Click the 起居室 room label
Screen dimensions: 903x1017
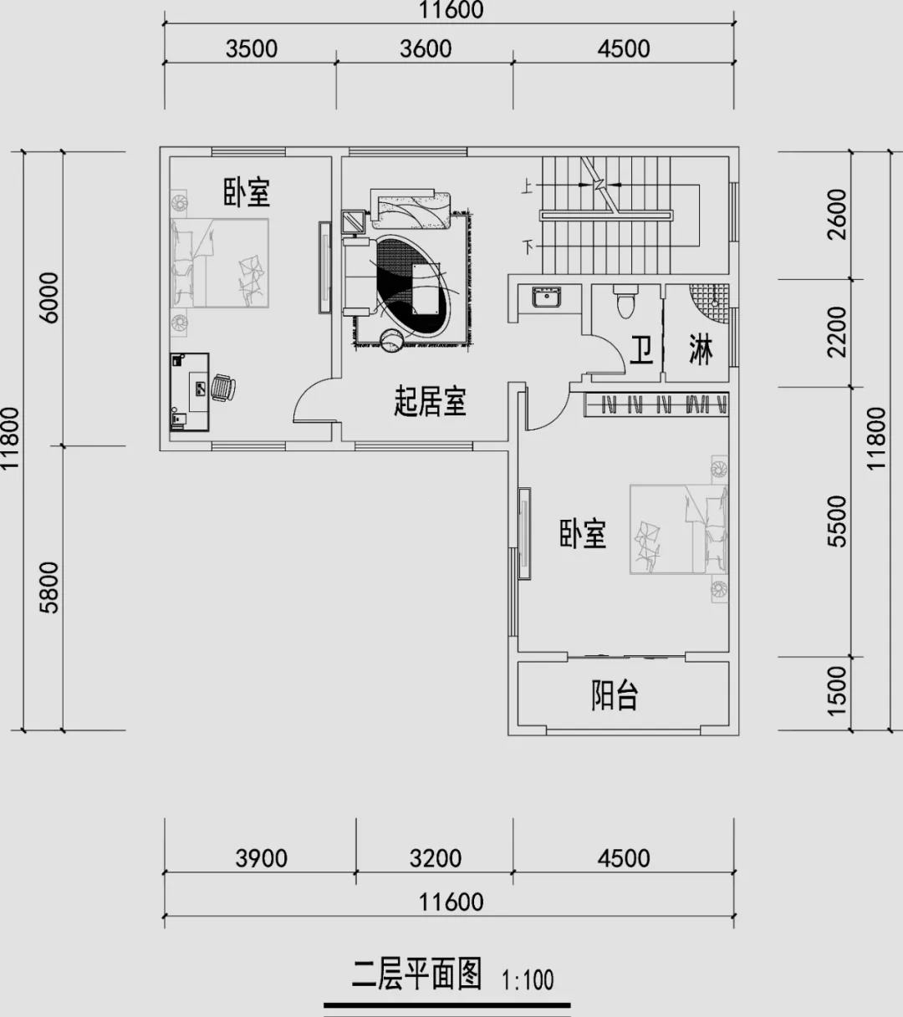pos(430,401)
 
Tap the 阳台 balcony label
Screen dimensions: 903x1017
pos(615,695)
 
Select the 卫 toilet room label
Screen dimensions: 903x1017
pos(642,350)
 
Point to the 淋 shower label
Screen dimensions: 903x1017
pos(701,349)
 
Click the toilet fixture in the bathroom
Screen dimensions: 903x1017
pos(625,301)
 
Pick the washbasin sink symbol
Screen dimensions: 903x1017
pos(547,297)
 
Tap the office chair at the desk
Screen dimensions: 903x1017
pos(223,388)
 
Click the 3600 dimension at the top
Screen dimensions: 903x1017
pos(426,48)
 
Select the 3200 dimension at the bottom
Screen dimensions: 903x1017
pos(435,858)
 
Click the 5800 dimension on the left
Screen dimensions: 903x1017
pos(49,587)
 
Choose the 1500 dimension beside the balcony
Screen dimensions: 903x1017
pos(837,691)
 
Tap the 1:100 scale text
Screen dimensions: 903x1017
pos(528,980)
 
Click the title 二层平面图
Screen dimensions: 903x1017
pos(417,974)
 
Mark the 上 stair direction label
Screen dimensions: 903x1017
pos(527,188)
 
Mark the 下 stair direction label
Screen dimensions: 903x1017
pos(528,247)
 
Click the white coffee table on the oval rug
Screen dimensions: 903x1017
pos(426,289)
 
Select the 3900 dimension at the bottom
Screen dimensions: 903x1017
pos(261,858)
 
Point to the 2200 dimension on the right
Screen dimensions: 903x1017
pos(837,333)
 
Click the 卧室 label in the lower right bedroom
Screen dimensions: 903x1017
pos(583,534)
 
